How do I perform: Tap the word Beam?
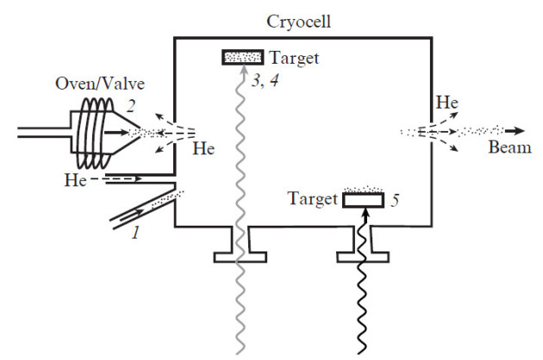[x=504, y=147]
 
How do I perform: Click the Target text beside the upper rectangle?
[x=294, y=58]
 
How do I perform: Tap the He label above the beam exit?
[x=446, y=102]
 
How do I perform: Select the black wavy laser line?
[x=364, y=293]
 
